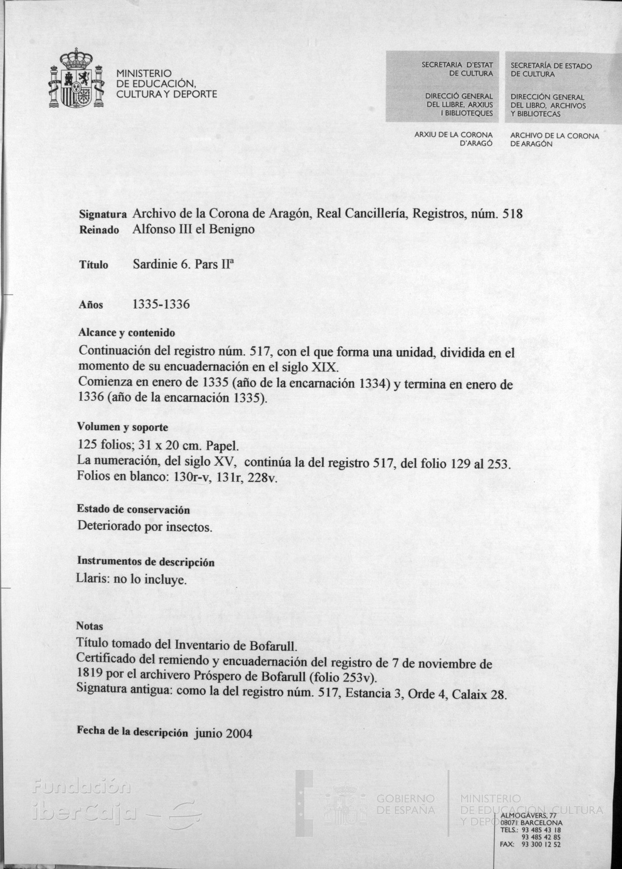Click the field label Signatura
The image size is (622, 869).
coord(103,214)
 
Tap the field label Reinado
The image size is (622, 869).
coord(99,230)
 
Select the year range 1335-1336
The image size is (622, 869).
coord(161,305)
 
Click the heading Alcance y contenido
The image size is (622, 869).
coord(126,333)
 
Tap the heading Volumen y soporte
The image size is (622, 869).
coord(122,427)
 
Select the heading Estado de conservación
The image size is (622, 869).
coord(134,510)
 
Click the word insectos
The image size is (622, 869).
coord(188,527)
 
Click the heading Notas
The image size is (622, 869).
coord(90,626)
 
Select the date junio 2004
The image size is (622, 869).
coord(224,733)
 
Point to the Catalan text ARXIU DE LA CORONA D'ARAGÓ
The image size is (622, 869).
coord(454,139)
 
